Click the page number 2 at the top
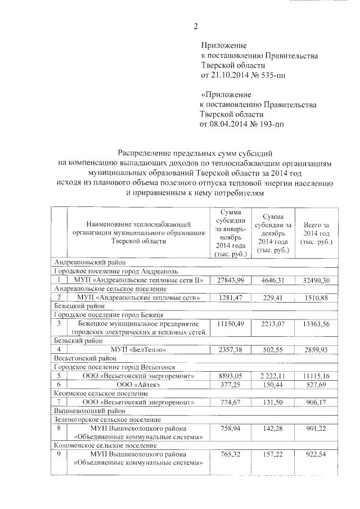pyautogui.click(x=196, y=26)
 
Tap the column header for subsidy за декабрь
pyautogui.click(x=272, y=233)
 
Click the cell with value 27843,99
pyautogui.click(x=228, y=280)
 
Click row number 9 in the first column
pyautogui.click(x=58, y=453)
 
